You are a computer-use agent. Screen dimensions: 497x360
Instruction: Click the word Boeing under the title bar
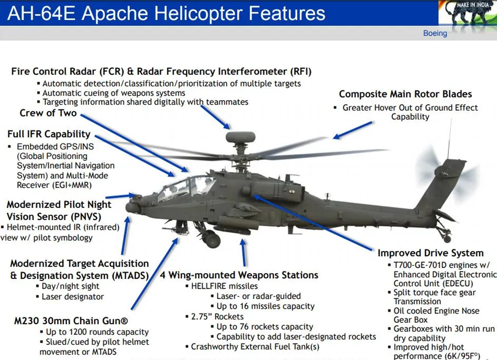[435, 33]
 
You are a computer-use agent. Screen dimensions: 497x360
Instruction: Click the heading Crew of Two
[48, 113]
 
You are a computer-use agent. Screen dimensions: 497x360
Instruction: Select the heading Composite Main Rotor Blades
[405, 94]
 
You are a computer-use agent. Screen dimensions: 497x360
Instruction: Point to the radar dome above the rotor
[241, 137]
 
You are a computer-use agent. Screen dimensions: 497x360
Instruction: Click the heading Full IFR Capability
[49, 134]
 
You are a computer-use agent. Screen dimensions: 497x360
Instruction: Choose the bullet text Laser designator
[73, 297]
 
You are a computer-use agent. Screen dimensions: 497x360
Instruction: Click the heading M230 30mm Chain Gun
[71, 321]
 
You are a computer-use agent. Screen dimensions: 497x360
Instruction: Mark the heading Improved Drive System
[430, 253]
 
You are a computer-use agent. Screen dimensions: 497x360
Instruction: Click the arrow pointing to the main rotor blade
[353, 130]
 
